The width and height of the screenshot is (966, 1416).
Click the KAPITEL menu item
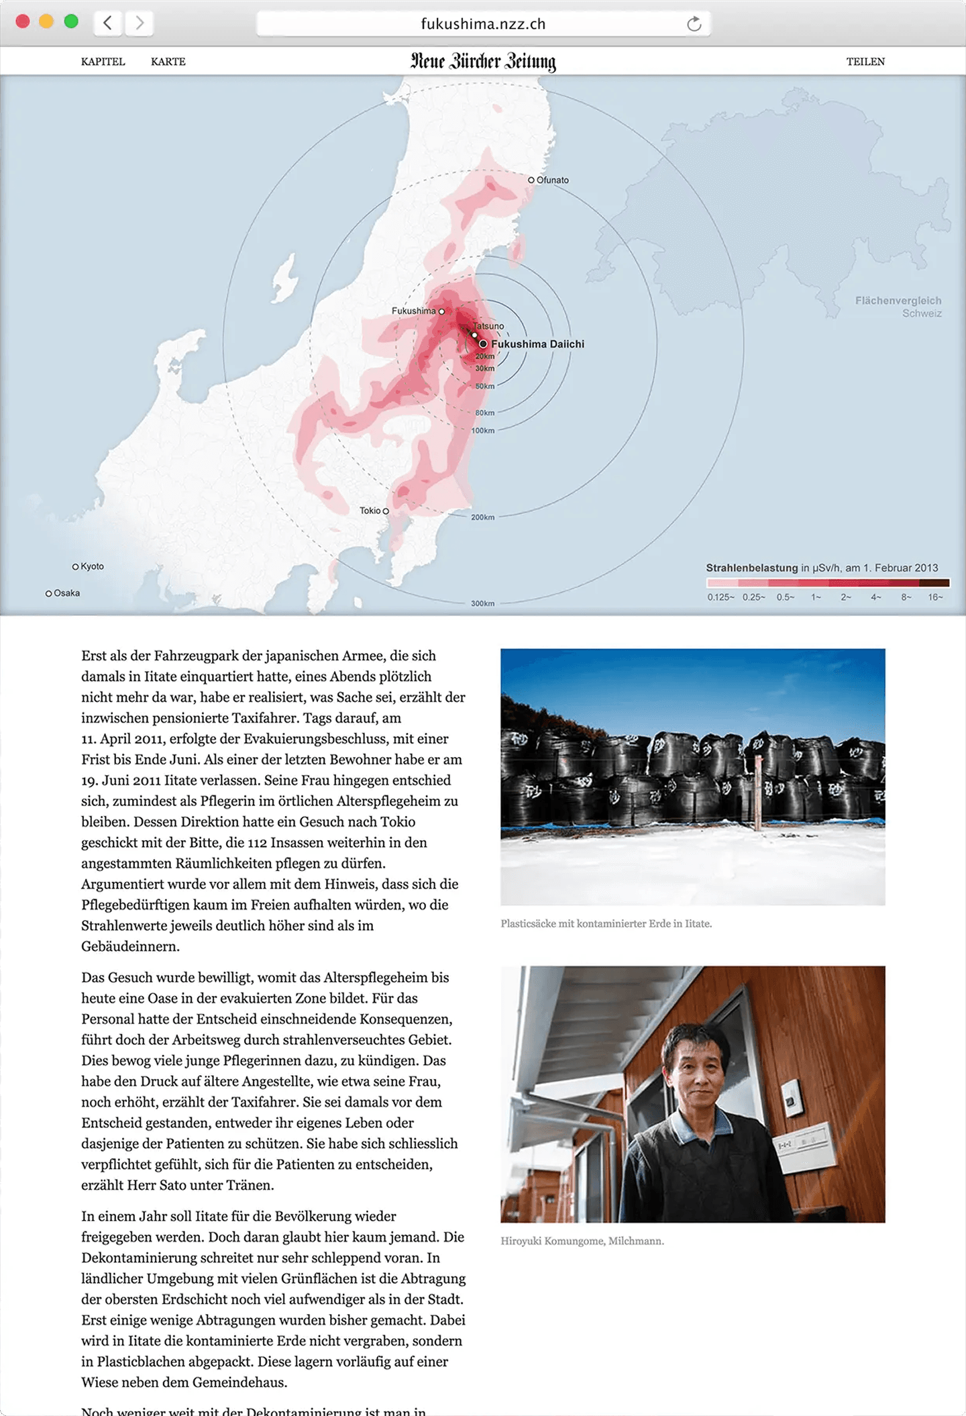coord(103,62)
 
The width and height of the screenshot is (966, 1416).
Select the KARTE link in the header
coord(168,62)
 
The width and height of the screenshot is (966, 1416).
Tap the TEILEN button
coord(865,62)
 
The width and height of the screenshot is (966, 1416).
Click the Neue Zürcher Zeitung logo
coord(483,61)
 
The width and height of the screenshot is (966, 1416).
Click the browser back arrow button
coord(107,23)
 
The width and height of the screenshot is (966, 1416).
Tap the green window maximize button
coord(71,21)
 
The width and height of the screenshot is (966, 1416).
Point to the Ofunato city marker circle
coord(531,180)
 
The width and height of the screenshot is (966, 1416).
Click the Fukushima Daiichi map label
coord(537,344)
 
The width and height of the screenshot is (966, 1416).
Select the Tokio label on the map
coord(370,511)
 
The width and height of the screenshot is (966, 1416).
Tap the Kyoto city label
coord(92,566)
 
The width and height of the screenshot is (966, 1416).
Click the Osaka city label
coord(66,593)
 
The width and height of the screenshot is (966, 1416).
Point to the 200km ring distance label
coord(482,517)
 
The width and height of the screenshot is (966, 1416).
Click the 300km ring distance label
coord(482,603)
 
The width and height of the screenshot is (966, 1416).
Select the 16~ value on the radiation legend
coord(935,597)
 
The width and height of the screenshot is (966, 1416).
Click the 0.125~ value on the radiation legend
coord(720,597)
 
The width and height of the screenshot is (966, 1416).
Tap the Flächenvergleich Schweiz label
coord(898,307)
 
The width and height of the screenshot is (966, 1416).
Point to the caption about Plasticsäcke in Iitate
coord(606,923)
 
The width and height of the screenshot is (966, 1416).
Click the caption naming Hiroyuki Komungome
coord(582,1241)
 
